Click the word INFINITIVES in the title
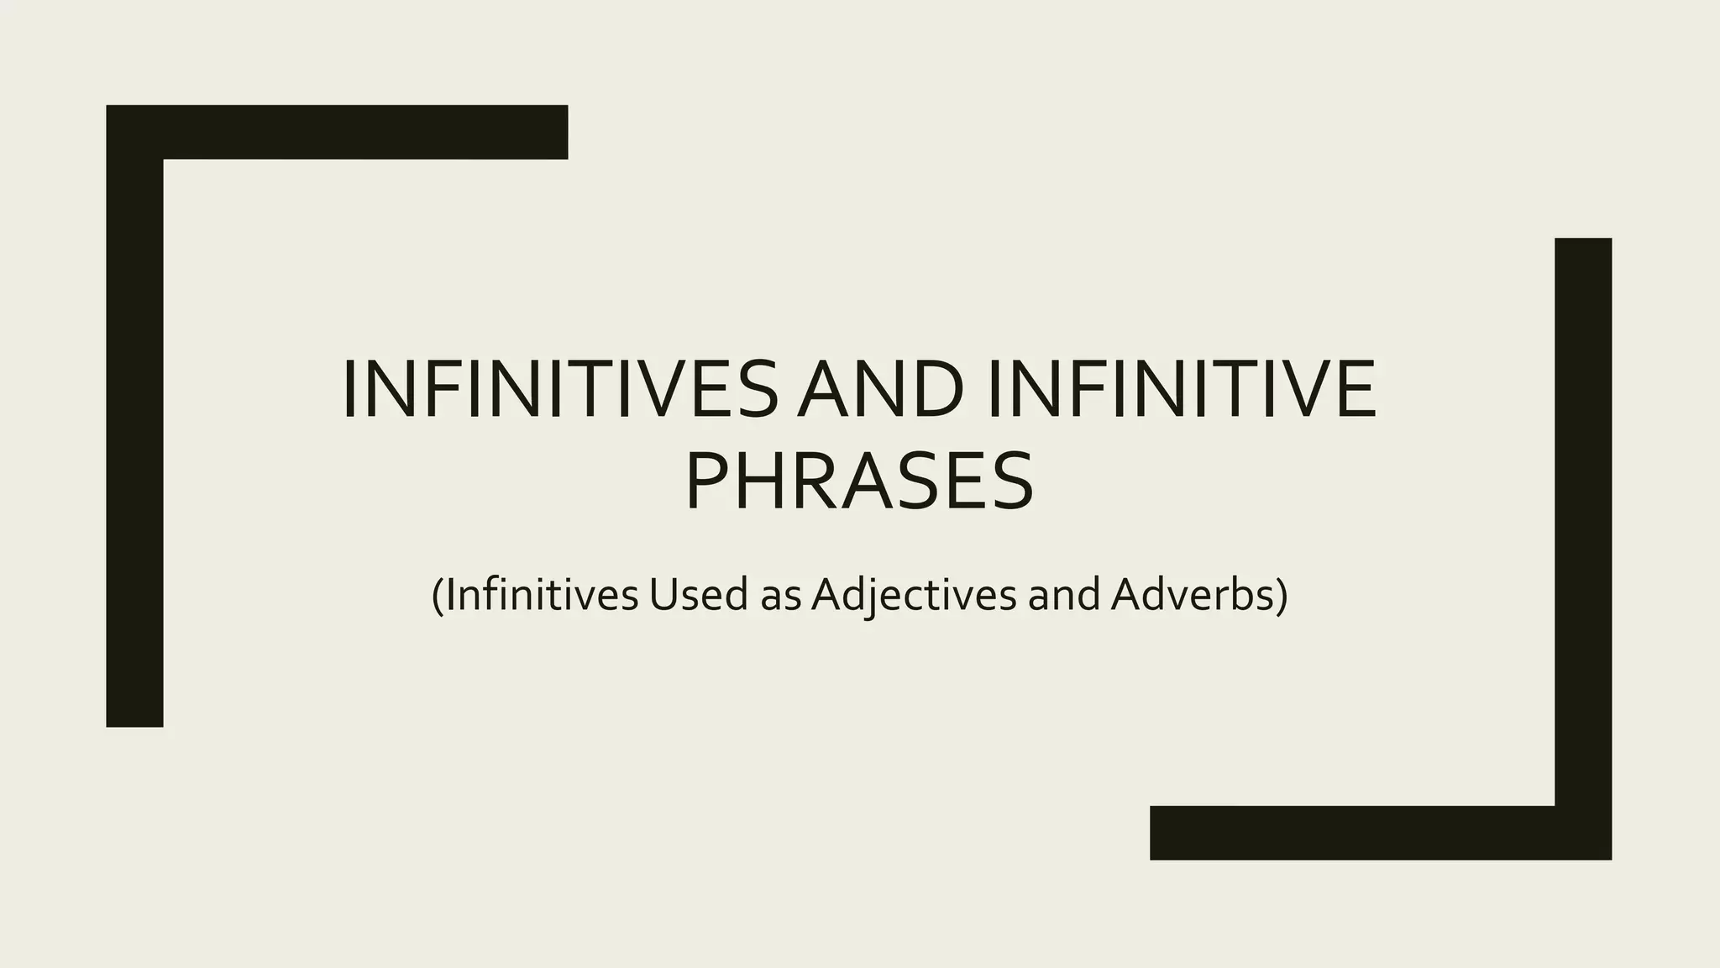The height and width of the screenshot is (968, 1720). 560,389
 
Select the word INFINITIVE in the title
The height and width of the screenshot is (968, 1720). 1181,389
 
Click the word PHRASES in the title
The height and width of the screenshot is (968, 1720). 859,481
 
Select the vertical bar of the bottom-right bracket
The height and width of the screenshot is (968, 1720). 1583,521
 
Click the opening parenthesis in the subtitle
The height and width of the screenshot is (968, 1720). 437,596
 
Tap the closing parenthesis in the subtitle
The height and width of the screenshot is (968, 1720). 1282,596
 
